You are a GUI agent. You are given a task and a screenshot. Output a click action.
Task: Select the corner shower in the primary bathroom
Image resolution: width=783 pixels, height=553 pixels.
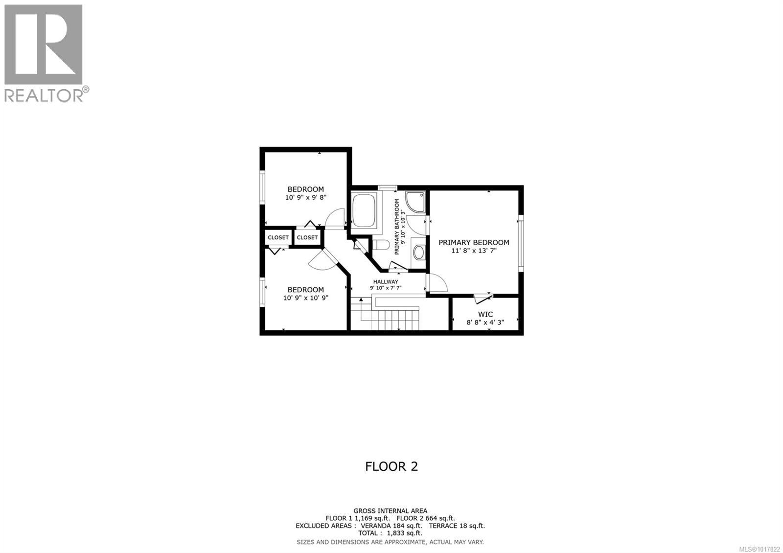tap(416, 202)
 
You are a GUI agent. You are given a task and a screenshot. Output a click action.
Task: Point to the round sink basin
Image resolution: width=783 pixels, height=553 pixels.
tap(419, 253)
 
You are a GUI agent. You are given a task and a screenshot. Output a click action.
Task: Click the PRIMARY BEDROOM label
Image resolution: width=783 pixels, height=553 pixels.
tap(474, 242)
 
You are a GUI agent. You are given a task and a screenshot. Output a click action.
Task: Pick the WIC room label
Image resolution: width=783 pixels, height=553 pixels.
tap(485, 314)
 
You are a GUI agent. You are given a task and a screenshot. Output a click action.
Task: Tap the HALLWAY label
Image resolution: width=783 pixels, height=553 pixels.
tap(386, 281)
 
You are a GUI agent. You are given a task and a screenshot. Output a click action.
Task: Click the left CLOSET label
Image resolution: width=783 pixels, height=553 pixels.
tap(278, 237)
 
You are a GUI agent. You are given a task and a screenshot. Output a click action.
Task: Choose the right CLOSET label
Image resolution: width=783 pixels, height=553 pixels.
tap(307, 237)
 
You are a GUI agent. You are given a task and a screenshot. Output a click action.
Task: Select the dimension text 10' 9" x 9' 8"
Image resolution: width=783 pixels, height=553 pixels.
tap(306, 198)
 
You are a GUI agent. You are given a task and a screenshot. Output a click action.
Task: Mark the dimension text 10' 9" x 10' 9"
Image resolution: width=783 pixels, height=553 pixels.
tap(306, 298)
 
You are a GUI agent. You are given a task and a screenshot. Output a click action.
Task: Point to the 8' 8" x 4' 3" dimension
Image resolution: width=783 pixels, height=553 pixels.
tap(485, 323)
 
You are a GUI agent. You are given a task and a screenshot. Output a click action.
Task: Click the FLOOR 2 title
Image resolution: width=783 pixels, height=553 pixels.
tap(391, 466)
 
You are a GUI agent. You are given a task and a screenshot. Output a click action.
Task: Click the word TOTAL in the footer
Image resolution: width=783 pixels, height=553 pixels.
tap(368, 533)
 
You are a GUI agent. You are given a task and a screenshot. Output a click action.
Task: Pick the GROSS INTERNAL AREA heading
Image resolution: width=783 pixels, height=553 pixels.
tap(391, 511)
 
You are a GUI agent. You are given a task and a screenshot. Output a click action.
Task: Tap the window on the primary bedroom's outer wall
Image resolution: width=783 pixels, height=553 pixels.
tap(521, 242)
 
